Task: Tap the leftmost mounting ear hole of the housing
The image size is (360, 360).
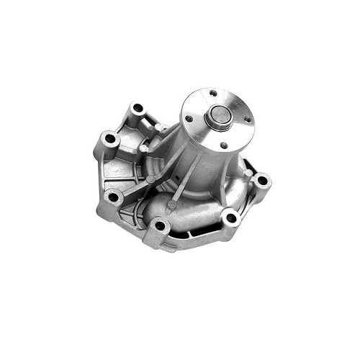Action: coord(109,138)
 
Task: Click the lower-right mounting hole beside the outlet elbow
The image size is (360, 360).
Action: coord(230,217)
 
